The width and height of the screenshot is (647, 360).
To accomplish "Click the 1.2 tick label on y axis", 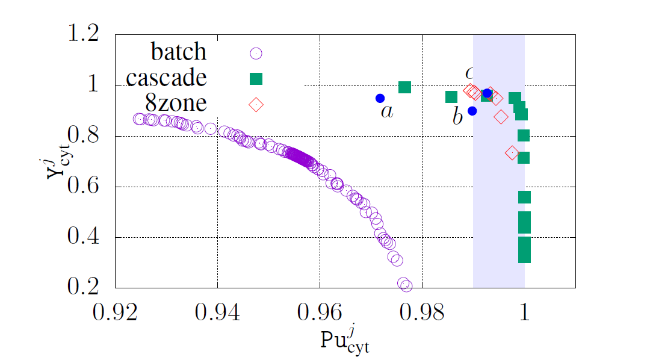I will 82,35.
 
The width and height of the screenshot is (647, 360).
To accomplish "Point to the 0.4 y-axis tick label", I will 82,238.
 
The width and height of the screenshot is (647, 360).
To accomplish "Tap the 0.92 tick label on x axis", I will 116,315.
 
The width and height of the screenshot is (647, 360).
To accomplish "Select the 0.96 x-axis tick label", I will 320,315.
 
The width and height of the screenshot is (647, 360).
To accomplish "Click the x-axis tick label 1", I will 524,315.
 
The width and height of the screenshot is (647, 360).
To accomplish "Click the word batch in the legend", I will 178,53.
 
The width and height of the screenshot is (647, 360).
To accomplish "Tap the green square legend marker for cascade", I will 256,78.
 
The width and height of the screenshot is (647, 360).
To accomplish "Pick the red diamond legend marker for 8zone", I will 256,104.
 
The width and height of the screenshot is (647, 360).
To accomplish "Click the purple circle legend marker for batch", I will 256,53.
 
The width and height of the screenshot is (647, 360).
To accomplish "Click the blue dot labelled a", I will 380,98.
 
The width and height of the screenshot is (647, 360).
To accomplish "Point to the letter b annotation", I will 457,116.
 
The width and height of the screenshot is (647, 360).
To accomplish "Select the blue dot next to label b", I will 472,111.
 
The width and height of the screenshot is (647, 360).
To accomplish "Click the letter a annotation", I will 387,111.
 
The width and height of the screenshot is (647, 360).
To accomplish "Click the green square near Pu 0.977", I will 404,87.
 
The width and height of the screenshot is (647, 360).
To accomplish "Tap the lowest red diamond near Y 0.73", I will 512,153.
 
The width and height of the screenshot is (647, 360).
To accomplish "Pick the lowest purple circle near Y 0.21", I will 406,286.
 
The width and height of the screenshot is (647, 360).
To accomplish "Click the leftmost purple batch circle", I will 138,119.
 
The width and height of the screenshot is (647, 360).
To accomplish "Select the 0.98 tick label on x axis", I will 422,315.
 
